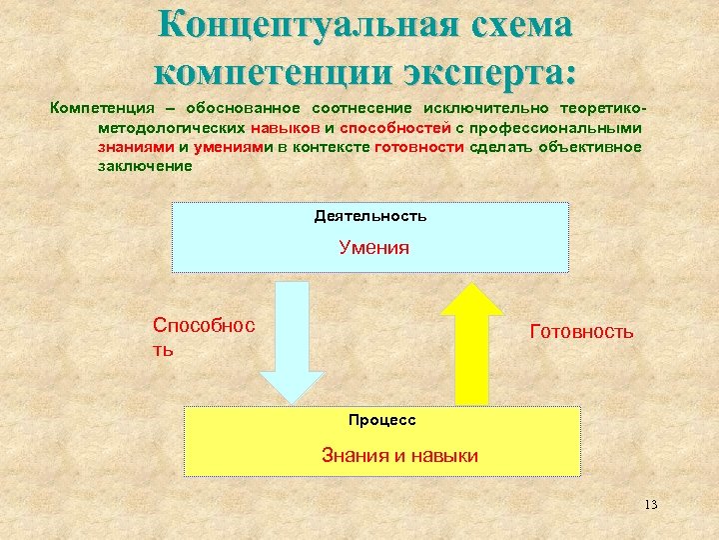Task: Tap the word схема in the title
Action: click(520, 24)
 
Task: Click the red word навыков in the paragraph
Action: click(286, 129)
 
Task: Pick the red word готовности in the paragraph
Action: click(418, 147)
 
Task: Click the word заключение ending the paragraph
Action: click(144, 165)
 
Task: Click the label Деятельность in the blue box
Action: click(370, 216)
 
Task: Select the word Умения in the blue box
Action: click(373, 248)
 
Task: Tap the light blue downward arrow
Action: click(292, 341)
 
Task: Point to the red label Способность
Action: click(203, 336)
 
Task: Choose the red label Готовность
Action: click(581, 331)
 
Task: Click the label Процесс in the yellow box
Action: click(381, 420)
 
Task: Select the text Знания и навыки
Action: click(399, 456)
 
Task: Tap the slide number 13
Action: click(650, 504)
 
